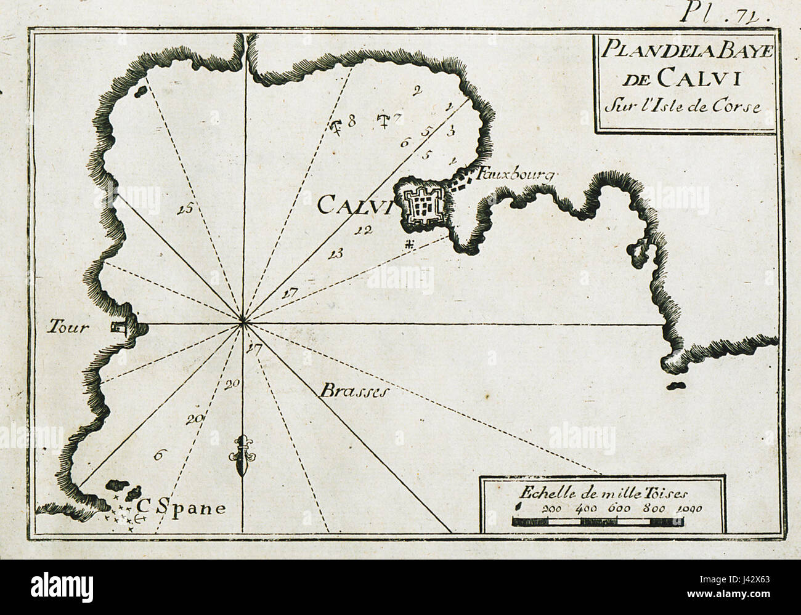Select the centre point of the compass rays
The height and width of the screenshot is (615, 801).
click(243, 320)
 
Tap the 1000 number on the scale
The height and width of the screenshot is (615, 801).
click(689, 509)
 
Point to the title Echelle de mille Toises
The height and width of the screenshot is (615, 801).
click(603, 492)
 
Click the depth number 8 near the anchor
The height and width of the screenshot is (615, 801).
click(352, 121)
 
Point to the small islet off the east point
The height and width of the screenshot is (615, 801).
click(677, 386)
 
